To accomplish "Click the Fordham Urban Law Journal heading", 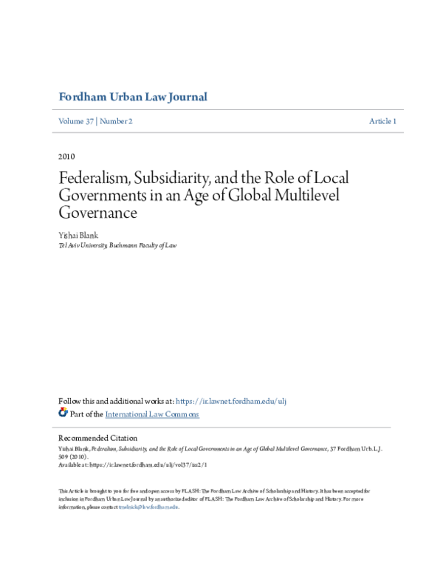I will tap(132, 97).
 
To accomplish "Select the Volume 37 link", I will tap(76, 121).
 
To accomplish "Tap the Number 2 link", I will tap(116, 121).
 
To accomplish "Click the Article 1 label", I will tap(382, 121).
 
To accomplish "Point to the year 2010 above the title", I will tap(66, 157).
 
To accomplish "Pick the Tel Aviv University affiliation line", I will tap(117, 245).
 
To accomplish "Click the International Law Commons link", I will tap(152, 414).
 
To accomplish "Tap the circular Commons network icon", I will tap(63, 414).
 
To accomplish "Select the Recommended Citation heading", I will tap(97, 438).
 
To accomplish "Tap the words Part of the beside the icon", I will tap(86, 414).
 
